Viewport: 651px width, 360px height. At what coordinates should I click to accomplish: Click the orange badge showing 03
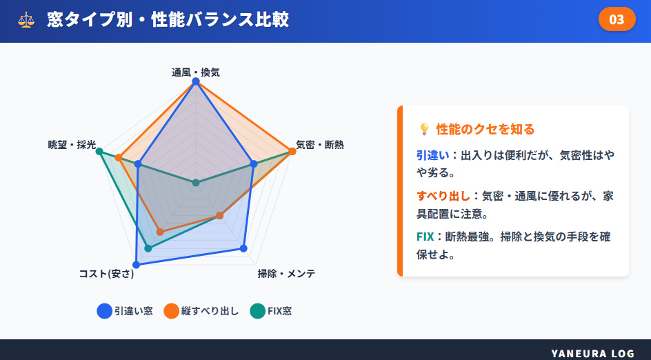(617, 19)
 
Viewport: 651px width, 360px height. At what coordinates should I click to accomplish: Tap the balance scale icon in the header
(26, 19)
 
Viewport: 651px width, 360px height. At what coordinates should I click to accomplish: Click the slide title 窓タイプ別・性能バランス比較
(168, 19)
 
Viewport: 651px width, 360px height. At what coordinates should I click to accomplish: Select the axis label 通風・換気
(196, 72)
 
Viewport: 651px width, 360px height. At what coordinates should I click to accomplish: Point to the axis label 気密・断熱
(320, 145)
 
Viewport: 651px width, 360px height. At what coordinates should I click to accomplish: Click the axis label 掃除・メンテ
(286, 274)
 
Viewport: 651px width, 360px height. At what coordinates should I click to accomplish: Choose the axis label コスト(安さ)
(106, 274)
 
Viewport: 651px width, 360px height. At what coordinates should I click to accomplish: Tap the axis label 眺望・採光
(72, 145)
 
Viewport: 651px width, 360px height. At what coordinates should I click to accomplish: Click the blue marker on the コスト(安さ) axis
(137, 264)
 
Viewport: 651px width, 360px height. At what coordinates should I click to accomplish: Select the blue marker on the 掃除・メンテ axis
(243, 248)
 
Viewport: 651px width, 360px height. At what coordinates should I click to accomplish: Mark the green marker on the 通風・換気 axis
(196, 183)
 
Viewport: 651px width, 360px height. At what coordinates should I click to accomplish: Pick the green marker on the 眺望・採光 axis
(99, 151)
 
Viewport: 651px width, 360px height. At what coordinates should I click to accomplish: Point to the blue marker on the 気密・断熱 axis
(254, 164)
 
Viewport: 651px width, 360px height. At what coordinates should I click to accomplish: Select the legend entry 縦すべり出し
(201, 311)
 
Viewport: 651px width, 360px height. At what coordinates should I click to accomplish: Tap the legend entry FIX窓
(271, 311)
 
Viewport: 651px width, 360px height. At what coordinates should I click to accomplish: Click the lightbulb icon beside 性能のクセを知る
(424, 129)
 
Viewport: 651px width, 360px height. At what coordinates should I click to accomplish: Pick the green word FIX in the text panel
(425, 237)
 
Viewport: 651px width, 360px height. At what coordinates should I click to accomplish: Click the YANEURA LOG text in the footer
(592, 353)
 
